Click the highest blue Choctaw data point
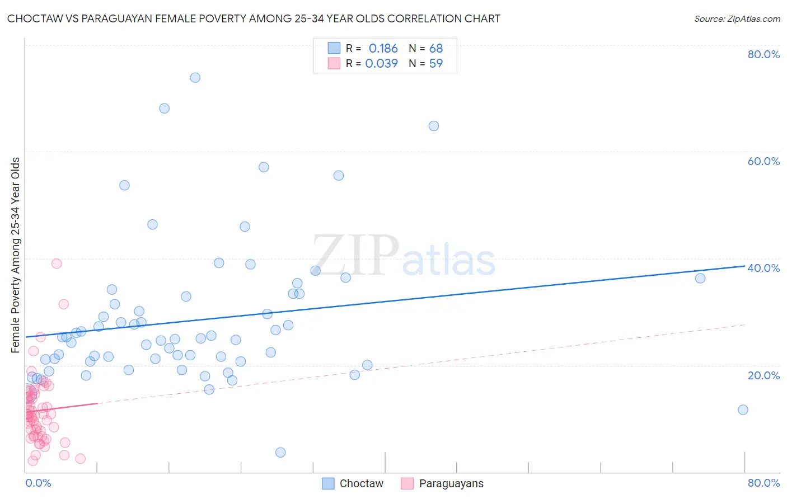pyautogui.click(x=195, y=78)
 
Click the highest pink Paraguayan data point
pyautogui.click(x=57, y=263)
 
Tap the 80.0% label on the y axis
pyautogui.click(x=763, y=54)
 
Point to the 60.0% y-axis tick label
pyautogui.click(x=763, y=161)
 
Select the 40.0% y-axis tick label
pyautogui.click(x=763, y=268)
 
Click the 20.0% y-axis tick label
pyautogui.click(x=763, y=375)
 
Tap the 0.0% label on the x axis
pyautogui.click(x=38, y=483)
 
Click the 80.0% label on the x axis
pyautogui.click(x=763, y=483)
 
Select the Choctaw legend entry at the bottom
pyautogui.click(x=353, y=483)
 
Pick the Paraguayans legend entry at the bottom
pyautogui.click(x=443, y=483)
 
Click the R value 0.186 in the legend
pyautogui.click(x=383, y=49)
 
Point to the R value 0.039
pyautogui.click(x=381, y=63)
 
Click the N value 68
pyautogui.click(x=435, y=49)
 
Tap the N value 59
pyautogui.click(x=435, y=63)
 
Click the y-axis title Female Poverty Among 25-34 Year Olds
pyautogui.click(x=16, y=255)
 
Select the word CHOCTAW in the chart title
pyautogui.click(x=34, y=19)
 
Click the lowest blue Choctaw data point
pyautogui.click(x=280, y=453)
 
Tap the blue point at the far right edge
pyautogui.click(x=743, y=409)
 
